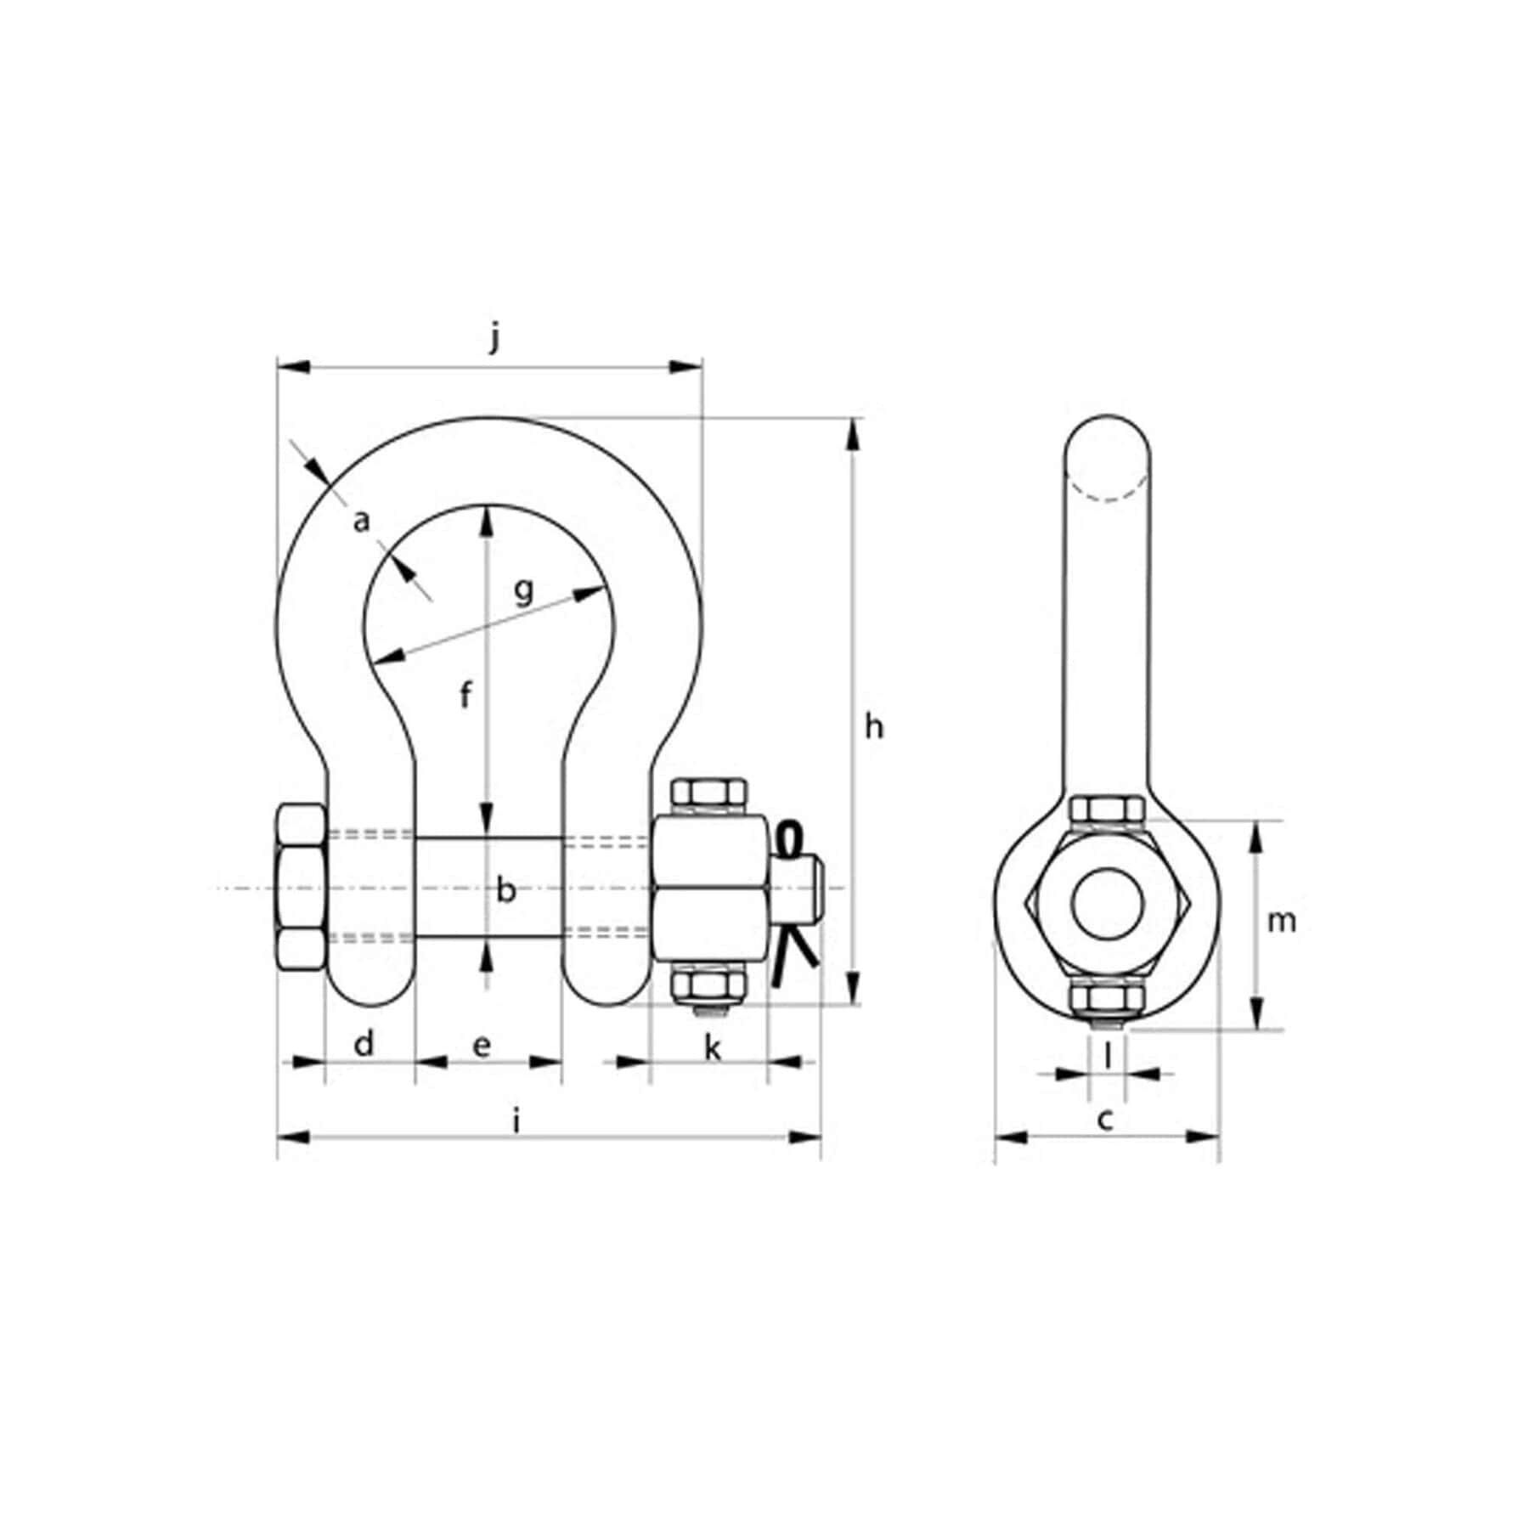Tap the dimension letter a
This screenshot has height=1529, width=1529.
pyautogui.click(x=362, y=522)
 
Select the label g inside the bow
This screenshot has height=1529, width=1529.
pyautogui.click(x=525, y=589)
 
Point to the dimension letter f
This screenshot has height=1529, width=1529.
pyautogui.click(x=465, y=696)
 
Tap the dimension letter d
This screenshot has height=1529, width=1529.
pyautogui.click(x=364, y=1043)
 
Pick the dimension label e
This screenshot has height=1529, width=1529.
pyautogui.click(x=482, y=1046)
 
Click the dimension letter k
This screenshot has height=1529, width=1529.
pyautogui.click(x=713, y=1048)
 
